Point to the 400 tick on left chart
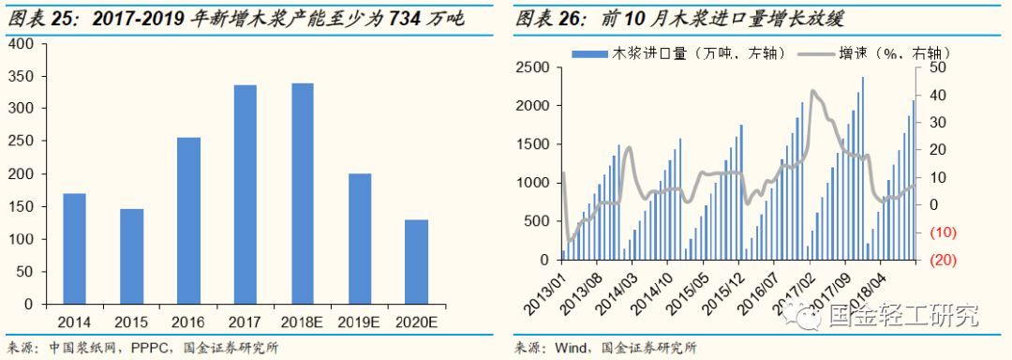(x=21, y=43)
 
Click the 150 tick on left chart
(x=21, y=206)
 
